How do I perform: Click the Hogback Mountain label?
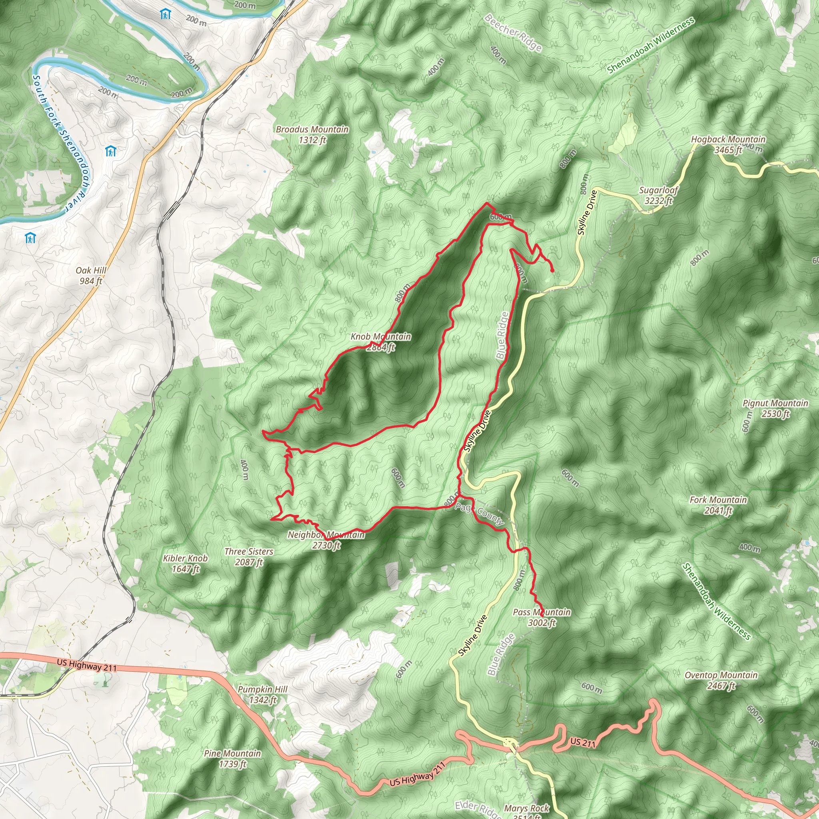point(728,144)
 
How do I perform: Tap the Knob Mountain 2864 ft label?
point(380,342)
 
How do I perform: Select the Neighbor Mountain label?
point(326,539)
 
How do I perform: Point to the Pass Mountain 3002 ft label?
point(541,617)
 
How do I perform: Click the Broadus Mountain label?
point(312,134)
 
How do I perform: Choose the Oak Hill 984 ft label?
point(91,276)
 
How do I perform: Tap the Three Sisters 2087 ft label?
point(249,557)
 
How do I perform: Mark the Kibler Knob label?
point(185,563)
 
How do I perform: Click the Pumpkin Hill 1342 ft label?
point(262,694)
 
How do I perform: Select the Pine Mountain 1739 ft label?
point(232,758)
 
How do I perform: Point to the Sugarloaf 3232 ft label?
point(658,196)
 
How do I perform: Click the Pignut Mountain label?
point(775,408)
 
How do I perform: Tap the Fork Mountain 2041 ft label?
point(718,505)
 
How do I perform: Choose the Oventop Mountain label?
point(721,680)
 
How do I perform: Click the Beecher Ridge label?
point(513,33)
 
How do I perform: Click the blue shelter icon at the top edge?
point(165,14)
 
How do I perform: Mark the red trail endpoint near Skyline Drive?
point(552,270)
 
